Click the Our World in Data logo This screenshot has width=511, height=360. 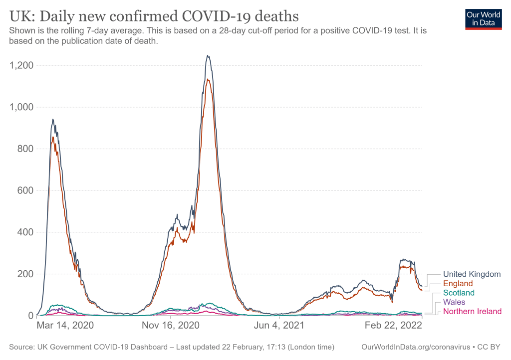[x=483, y=19]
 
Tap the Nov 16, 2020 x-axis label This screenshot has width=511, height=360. [x=171, y=325]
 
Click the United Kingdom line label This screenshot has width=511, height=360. [x=472, y=274]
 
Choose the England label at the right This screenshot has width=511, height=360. [x=458, y=284]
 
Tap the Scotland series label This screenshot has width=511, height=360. [x=459, y=293]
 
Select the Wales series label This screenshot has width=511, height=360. [x=454, y=302]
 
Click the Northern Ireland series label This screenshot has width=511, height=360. [x=472, y=312]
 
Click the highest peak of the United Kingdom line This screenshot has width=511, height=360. [x=208, y=55]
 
